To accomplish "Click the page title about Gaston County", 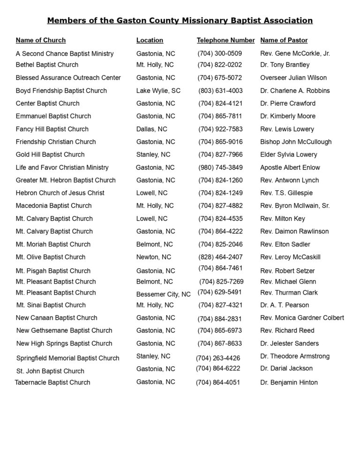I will click(x=180, y=21).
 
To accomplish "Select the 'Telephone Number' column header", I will click(x=225, y=40).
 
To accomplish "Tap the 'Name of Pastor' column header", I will click(x=284, y=40).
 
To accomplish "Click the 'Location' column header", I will click(x=150, y=40).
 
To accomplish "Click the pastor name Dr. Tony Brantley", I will click(x=285, y=65).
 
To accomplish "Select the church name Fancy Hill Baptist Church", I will click(x=52, y=129).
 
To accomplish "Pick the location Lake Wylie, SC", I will click(x=158, y=90).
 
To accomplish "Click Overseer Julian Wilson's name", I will click(x=293, y=78).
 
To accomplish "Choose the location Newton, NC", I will click(x=154, y=257).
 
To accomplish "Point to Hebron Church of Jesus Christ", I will click(x=60, y=193).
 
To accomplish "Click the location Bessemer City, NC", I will click(x=163, y=294).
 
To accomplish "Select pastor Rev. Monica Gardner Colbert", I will click(x=302, y=318).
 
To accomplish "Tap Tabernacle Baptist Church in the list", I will click(x=52, y=383).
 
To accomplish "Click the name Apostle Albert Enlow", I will click(x=290, y=167).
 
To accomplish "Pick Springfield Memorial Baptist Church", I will click(x=67, y=358).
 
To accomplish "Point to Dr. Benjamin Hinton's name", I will click(x=289, y=383).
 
